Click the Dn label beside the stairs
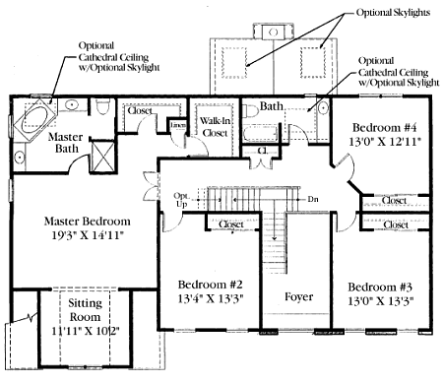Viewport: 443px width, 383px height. click(313, 199)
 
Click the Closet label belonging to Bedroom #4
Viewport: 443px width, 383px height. click(394, 200)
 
